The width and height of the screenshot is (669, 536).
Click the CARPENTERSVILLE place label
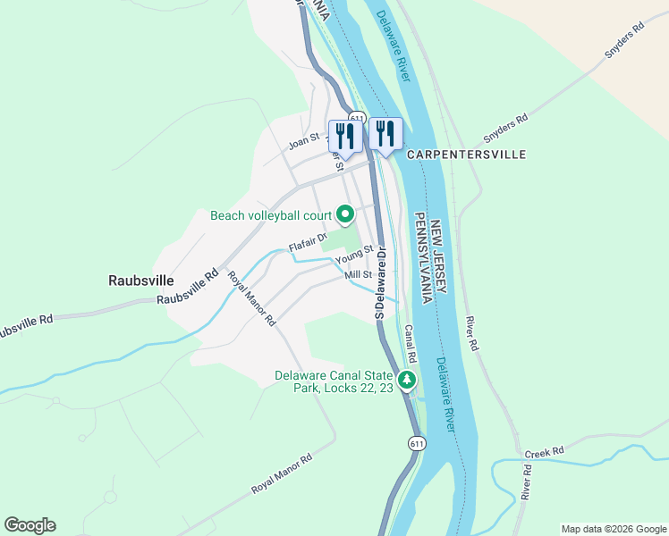[x=466, y=155]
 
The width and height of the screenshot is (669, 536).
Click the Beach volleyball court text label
[x=271, y=215]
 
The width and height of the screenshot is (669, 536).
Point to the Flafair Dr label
[x=309, y=242]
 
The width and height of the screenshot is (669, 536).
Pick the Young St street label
[x=352, y=260]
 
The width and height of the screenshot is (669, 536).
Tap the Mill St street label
[x=358, y=275]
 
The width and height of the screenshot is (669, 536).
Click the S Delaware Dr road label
[x=381, y=284]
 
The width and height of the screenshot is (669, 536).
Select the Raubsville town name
[x=140, y=279]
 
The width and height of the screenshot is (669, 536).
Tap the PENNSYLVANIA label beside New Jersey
[x=421, y=258]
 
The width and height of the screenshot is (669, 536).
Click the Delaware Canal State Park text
[x=334, y=382]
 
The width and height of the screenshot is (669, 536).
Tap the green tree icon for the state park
[x=407, y=381]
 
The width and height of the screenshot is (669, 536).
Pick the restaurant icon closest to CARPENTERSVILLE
[x=385, y=134]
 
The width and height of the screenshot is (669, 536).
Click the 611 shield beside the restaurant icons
[x=357, y=118]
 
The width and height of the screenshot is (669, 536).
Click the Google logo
[x=30, y=525]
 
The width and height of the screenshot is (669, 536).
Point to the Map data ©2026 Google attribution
[x=613, y=528]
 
